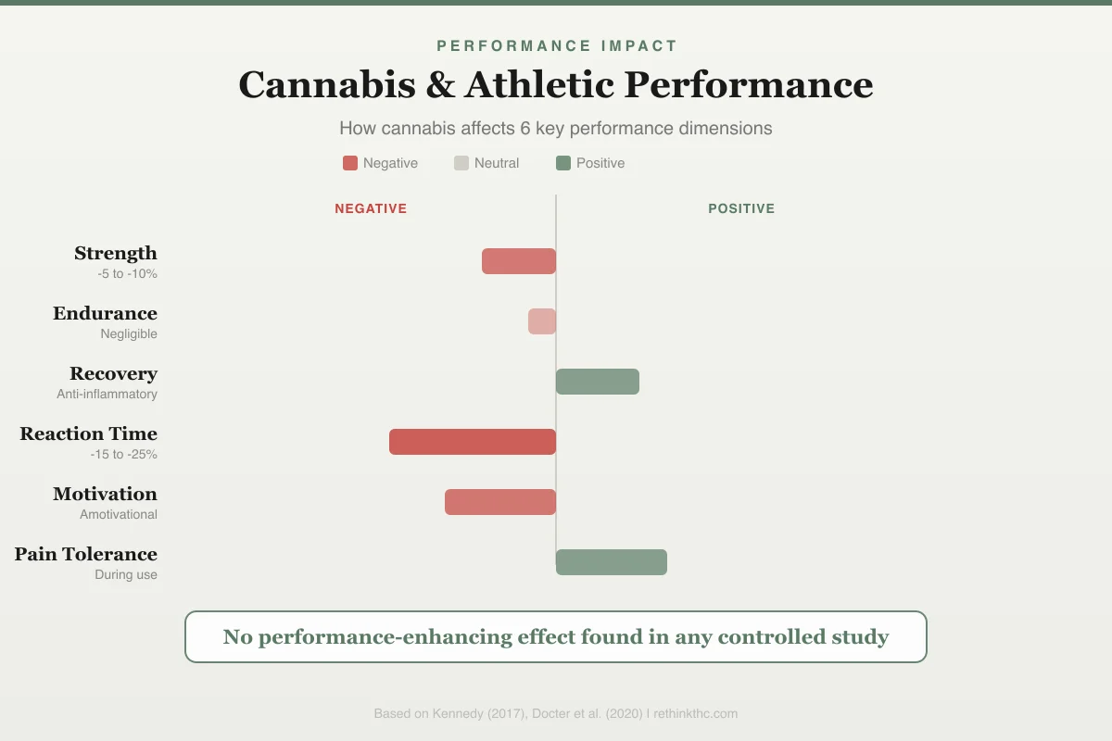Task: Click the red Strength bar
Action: click(519, 261)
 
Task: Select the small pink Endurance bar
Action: click(542, 321)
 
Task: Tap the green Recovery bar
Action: click(598, 382)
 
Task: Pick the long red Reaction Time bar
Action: click(473, 442)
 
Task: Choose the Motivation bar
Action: click(500, 502)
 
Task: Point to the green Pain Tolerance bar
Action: click(612, 562)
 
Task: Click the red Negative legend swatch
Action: click(350, 163)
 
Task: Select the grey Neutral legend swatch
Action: click(461, 163)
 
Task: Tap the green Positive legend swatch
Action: click(563, 163)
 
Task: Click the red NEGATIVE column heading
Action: click(371, 208)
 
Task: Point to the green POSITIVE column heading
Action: click(741, 208)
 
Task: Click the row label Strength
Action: click(116, 253)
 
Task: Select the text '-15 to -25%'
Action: click(123, 454)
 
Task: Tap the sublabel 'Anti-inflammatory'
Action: click(107, 394)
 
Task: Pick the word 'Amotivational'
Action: click(119, 514)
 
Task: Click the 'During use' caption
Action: click(126, 574)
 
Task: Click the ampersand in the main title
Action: click(440, 84)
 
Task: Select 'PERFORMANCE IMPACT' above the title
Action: click(557, 45)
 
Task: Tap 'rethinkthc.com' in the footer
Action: click(696, 714)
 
